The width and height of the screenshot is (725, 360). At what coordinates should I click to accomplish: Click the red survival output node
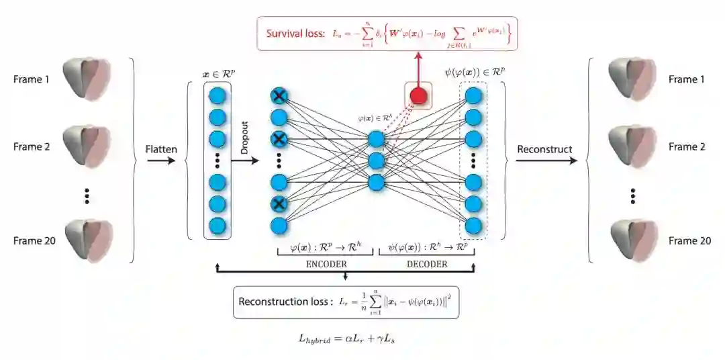pyautogui.click(x=418, y=96)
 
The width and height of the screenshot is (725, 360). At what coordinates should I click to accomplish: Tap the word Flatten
pyautogui.click(x=161, y=148)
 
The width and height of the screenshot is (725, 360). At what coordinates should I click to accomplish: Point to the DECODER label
pyautogui.click(x=427, y=264)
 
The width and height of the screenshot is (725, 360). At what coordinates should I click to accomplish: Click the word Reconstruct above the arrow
pyautogui.click(x=544, y=148)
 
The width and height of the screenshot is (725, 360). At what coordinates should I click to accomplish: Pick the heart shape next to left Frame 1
pyautogui.click(x=85, y=78)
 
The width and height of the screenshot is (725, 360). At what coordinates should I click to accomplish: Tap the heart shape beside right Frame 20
pyautogui.click(x=631, y=240)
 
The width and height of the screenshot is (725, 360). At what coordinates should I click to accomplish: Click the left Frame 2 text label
pyautogui.click(x=32, y=146)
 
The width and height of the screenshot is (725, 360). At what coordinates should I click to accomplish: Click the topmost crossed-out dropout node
pyautogui.click(x=279, y=96)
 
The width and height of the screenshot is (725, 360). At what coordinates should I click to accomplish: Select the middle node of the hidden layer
pyautogui.click(x=375, y=161)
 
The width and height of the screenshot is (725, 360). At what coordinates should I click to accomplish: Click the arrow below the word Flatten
pyautogui.click(x=161, y=162)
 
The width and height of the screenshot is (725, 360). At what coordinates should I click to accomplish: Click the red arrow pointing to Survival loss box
pyautogui.click(x=418, y=67)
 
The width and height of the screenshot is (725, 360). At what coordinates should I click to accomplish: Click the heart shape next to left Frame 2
pyautogui.click(x=85, y=145)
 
